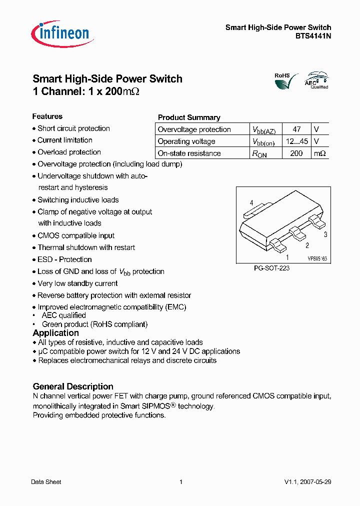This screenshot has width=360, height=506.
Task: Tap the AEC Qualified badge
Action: pos(317,80)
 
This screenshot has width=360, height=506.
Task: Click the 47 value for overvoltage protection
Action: pos(296,129)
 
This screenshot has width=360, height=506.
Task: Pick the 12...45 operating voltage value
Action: pos(296,141)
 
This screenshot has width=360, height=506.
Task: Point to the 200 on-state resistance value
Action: pos(296,153)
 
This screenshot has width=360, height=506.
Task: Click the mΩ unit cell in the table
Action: pos(319,153)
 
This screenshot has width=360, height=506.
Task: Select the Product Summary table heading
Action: pos(189,117)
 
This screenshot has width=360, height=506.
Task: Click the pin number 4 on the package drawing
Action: pos(251,202)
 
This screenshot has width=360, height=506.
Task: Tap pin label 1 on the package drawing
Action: pos(287,257)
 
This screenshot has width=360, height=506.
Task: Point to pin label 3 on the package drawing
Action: pos(325,234)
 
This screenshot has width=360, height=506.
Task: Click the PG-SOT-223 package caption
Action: pos(271,268)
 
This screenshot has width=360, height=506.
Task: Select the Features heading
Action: pos(47,116)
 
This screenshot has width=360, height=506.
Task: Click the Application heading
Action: pos(55,333)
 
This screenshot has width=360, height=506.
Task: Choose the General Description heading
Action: pos(73,386)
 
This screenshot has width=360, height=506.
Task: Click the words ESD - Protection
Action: pos(64,259)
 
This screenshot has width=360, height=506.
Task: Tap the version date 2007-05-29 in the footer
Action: pos(315,482)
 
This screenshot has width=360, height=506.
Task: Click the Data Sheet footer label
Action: pos(46,482)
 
